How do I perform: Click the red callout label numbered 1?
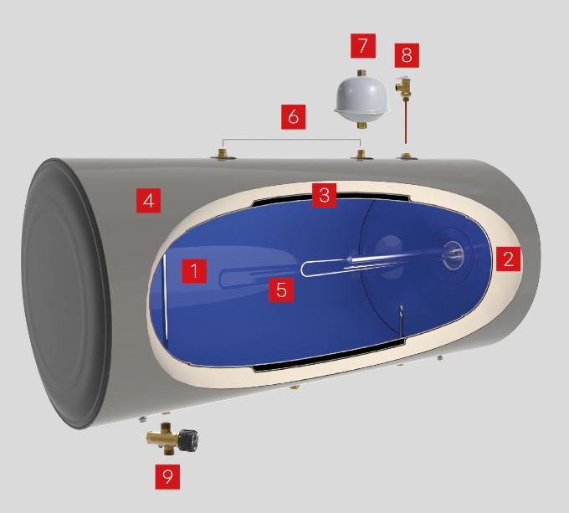(194, 271)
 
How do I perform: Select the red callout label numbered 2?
(509, 259)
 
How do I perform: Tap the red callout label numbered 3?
(324, 195)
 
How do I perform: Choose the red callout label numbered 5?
(281, 290)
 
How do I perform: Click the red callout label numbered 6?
(294, 117)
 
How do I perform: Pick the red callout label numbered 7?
(363, 46)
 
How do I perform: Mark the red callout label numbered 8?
(407, 55)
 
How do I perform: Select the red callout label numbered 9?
(167, 477)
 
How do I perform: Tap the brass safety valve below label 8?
(402, 87)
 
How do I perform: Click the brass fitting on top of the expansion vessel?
(361, 73)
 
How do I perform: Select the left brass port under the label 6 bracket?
(223, 153)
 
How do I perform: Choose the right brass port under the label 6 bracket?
(361, 154)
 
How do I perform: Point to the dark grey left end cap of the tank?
(65, 293)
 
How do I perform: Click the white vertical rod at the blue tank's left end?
(166, 297)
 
